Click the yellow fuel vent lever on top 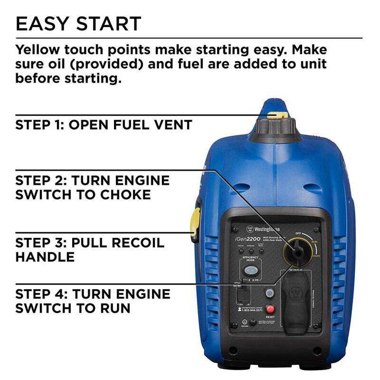click(277, 114)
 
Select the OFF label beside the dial click(298, 233)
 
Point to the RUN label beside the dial click(314, 242)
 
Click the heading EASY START click(78, 24)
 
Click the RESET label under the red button click(270, 317)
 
